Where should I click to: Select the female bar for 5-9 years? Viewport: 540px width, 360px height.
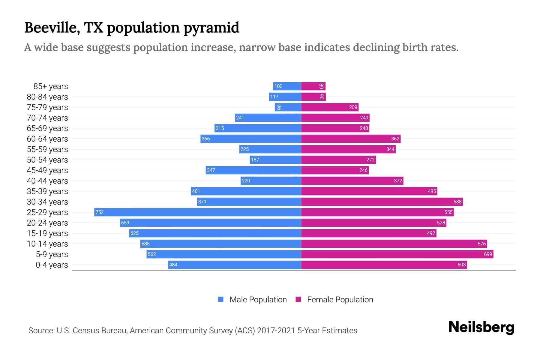(397, 254)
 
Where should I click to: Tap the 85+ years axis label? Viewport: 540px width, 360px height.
(51, 86)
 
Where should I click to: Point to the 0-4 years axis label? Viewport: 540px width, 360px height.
(52, 265)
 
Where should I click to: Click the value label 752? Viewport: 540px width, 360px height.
(99, 212)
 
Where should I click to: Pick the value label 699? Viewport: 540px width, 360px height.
(488, 254)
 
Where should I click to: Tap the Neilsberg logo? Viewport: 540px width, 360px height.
(481, 327)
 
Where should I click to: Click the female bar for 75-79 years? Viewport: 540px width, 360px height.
(330, 107)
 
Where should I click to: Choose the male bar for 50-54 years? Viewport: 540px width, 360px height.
(275, 160)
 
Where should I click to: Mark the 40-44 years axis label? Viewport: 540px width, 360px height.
(47, 181)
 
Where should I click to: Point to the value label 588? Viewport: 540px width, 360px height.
(457, 202)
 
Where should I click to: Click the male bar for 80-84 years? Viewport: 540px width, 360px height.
(285, 97)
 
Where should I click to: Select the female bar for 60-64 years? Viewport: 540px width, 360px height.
(351, 139)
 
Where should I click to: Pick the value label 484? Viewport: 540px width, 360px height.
(173, 265)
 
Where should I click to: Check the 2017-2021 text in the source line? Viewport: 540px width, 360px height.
(276, 331)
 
